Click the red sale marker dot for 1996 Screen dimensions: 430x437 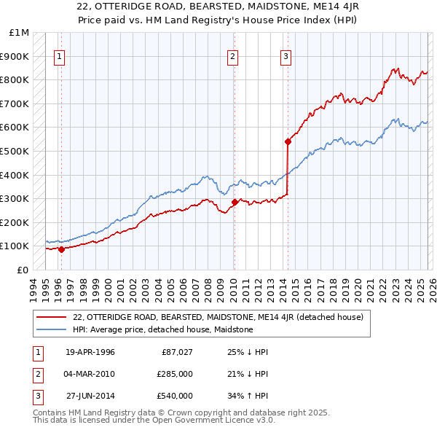pos(61,249)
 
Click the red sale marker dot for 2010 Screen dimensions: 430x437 pos(235,202)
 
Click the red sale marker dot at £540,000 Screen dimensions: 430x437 pos(288,142)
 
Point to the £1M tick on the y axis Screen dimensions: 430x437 pos(20,33)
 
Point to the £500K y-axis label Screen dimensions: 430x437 pos(16,152)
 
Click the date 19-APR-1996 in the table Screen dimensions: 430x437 pos(90,353)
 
